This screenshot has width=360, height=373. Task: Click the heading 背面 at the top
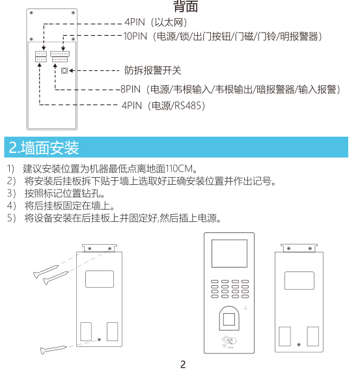click(186, 7)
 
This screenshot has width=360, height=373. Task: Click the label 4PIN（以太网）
click(156, 22)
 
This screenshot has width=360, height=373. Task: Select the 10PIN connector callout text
click(223, 36)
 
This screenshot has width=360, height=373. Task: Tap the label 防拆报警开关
click(153, 70)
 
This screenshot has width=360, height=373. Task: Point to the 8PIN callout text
click(230, 89)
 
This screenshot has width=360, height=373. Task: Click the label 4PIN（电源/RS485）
click(163, 105)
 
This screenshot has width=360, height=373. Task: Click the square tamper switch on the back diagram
click(64, 71)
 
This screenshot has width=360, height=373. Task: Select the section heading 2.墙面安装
click(44, 148)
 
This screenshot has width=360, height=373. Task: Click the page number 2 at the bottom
click(183, 365)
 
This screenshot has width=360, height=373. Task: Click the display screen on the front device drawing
click(229, 253)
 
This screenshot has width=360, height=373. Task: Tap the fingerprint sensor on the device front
click(229, 318)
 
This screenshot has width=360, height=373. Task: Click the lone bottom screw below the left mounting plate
click(53, 350)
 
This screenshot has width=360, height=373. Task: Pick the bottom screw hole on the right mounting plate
click(299, 344)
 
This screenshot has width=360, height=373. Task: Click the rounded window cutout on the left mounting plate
click(100, 279)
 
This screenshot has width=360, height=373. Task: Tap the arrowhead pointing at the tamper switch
click(71, 71)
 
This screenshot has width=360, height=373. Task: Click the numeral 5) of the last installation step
click(12, 218)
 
